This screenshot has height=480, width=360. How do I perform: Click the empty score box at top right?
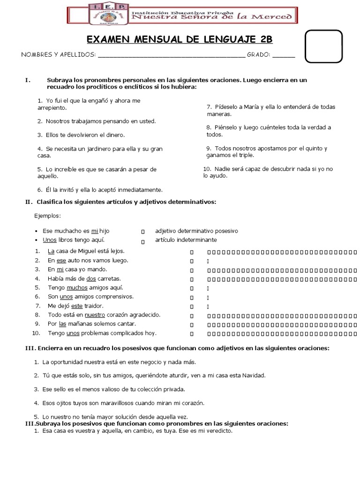pyautogui.click(x=323, y=46)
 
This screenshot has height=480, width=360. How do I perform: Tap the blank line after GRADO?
pyautogui.click(x=284, y=55)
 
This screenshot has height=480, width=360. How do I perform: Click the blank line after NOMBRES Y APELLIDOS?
pyautogui.click(x=171, y=55)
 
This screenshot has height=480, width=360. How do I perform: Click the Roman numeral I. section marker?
pyautogui.click(x=28, y=80)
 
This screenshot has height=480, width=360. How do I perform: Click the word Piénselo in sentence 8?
pyautogui.click(x=226, y=127)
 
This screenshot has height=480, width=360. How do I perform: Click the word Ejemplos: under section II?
pyautogui.click(x=47, y=216)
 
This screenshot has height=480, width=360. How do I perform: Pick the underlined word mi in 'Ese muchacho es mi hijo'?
pyautogui.click(x=94, y=231)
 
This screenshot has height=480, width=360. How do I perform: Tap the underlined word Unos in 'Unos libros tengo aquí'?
pyautogui.click(x=50, y=240)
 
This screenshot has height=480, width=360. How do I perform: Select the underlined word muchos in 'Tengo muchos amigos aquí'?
pyautogui.click(x=77, y=287)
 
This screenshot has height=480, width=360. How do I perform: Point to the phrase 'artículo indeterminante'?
pyautogui.click(x=186, y=240)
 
